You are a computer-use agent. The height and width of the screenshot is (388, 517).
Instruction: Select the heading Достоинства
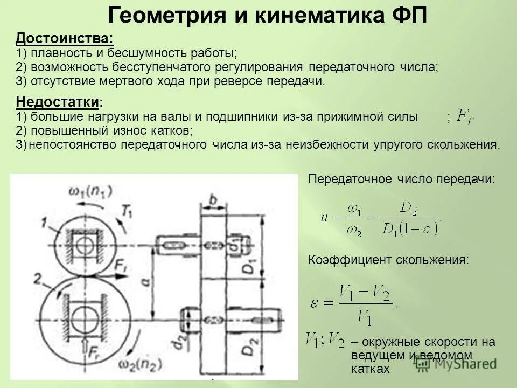tap(65, 39)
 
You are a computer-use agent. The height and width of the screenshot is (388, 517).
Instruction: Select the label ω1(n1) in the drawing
tap(90, 191)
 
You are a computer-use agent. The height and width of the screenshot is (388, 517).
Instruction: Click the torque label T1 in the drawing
tap(128, 212)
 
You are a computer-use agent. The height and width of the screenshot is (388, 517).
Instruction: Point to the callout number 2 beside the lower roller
tap(37, 279)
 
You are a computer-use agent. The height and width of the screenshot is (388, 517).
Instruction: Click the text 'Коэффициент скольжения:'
tap(388, 260)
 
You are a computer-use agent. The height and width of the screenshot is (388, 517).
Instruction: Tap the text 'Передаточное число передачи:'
tap(401, 179)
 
